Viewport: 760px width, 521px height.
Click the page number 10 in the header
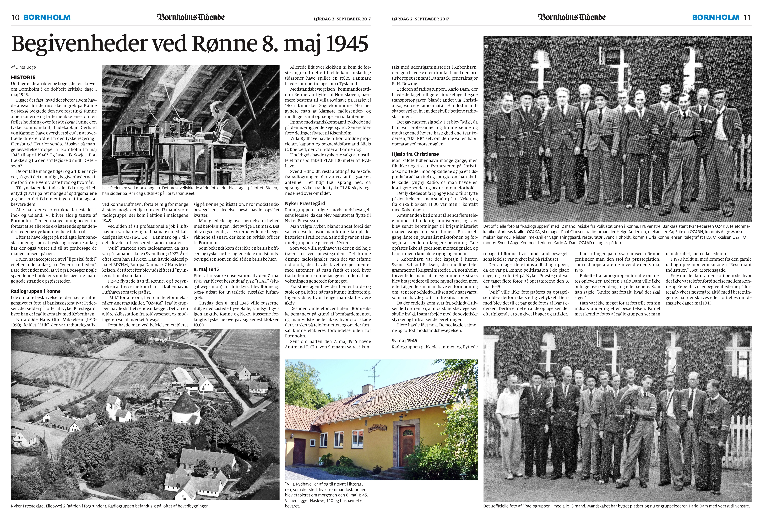click(x=15, y=18)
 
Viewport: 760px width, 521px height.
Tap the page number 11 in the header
click(x=747, y=18)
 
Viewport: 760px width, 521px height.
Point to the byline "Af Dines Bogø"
click(x=24, y=67)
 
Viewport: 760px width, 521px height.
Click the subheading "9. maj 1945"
click(x=405, y=341)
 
